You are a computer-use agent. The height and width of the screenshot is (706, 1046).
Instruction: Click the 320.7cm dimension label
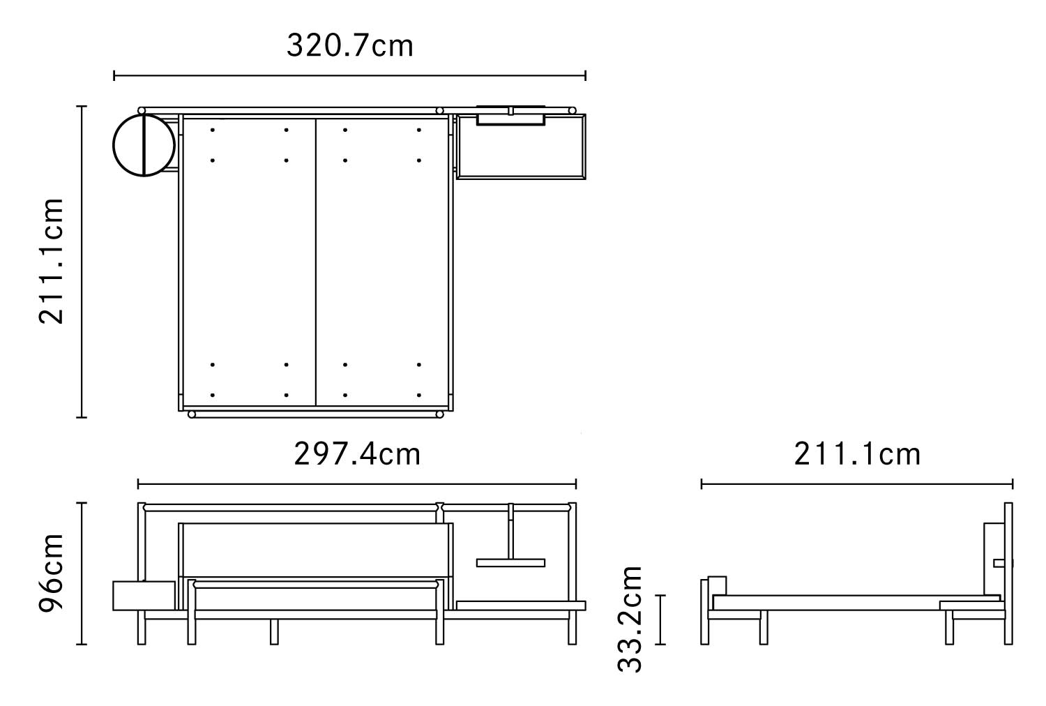350,46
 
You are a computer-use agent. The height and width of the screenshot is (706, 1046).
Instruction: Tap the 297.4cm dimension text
357,453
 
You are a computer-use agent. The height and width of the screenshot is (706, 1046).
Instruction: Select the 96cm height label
51,573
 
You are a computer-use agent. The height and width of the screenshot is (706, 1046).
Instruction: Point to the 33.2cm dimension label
630,619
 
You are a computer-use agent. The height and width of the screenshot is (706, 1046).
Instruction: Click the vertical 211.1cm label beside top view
51,261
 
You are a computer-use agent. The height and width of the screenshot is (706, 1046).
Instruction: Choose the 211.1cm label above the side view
857,453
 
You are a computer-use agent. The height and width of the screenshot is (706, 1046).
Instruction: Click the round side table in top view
144,145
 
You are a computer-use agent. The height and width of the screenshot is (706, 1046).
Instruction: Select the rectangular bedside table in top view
521,147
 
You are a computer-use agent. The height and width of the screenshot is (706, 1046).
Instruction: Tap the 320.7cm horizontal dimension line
350,76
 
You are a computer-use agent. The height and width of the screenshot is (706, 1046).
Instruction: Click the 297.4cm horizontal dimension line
357,484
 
